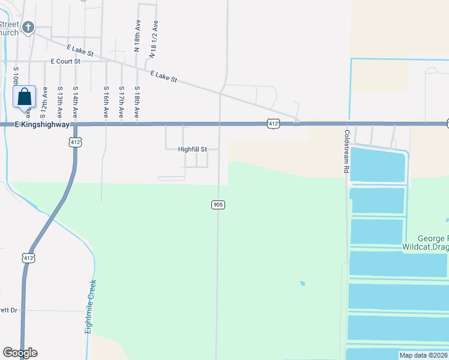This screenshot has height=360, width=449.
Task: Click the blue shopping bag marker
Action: [x=24, y=97]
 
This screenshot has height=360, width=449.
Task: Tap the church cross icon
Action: [x=28, y=27]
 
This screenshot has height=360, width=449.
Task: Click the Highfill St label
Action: [x=192, y=149]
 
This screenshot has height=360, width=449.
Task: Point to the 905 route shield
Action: [x=218, y=205]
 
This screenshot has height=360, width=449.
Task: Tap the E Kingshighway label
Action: [x=35, y=124]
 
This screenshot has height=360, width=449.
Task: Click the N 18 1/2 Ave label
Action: [x=154, y=40]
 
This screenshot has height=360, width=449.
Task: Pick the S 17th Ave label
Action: [x=121, y=101]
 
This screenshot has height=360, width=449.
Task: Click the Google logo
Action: [x=20, y=353]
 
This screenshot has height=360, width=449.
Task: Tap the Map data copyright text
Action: [x=423, y=355]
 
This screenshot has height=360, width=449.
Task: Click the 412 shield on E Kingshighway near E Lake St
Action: [x=273, y=124]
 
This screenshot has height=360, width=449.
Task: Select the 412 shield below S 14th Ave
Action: [x=75, y=142]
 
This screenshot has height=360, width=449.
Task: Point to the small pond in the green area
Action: [x=301, y=283]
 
